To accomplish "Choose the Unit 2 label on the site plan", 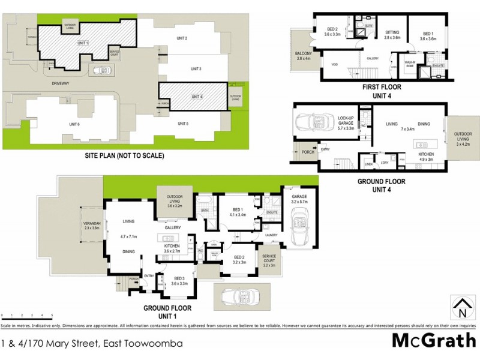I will (x=182, y=38).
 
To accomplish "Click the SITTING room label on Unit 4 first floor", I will (x=392, y=34).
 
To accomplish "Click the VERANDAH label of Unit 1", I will (x=92, y=226).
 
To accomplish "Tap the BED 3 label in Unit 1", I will (x=179, y=280).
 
